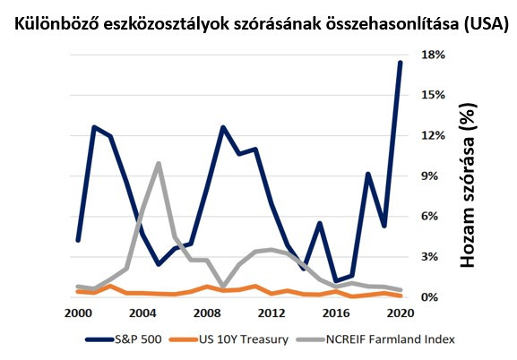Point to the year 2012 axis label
click(271, 313)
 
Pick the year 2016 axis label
click(335, 313)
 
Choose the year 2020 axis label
click(400, 313)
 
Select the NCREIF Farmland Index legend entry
click(377, 340)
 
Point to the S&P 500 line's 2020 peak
click(400, 63)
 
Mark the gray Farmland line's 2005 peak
click(158, 163)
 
